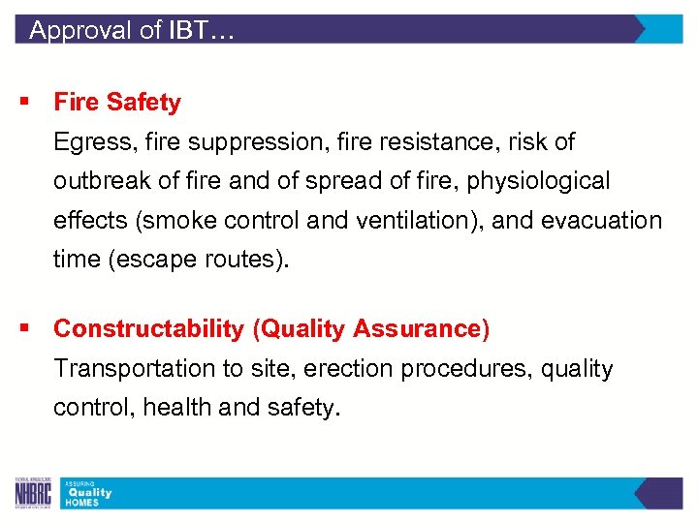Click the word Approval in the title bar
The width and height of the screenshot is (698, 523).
81,30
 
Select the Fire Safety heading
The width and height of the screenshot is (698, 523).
117,102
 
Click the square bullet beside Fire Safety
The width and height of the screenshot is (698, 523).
19,102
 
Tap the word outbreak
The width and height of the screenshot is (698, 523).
96,181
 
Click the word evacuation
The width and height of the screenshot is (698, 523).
601,221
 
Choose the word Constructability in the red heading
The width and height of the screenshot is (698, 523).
149,329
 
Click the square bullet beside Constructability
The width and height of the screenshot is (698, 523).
19,329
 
